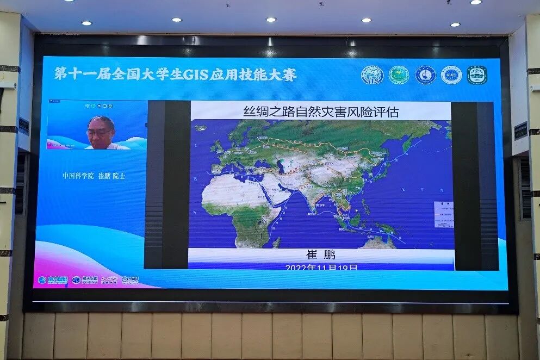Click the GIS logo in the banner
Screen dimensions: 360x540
[372, 75]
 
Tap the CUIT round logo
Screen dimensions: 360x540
[451, 75]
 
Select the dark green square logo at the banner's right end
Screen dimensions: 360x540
[477, 75]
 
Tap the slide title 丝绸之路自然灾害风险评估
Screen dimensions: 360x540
[321, 112]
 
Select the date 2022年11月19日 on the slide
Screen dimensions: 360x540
[321, 268]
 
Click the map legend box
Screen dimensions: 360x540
[443, 214]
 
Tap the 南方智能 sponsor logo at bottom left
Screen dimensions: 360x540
[53, 280]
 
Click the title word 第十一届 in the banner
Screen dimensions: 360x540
[82, 75]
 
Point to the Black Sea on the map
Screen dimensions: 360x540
[263, 163]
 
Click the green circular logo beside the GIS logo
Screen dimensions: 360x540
[399, 75]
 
